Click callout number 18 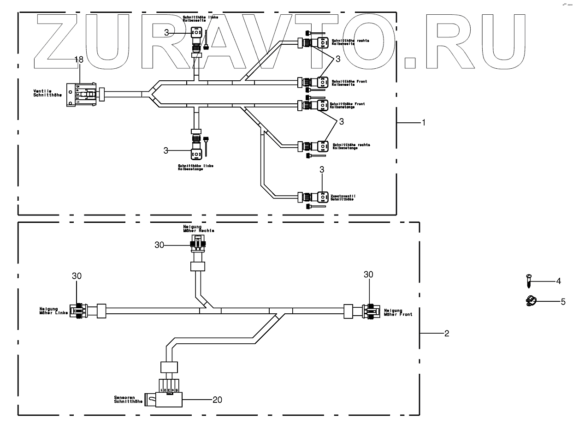point(79,60)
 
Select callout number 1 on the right point(424,123)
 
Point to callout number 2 point(446,333)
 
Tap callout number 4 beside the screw point(558,280)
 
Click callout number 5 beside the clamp point(562,302)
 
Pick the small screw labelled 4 point(528,280)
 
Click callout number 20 point(217,400)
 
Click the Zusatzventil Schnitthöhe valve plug point(321,197)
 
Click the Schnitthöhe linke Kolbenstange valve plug point(196,152)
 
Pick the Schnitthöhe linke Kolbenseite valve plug point(196,33)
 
